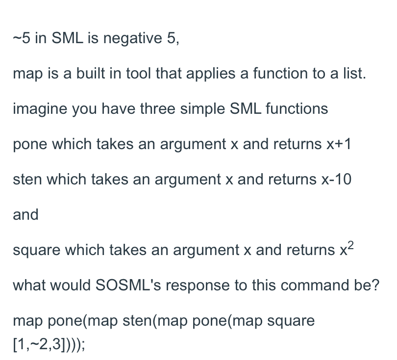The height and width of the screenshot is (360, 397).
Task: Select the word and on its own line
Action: [x=25, y=215]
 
